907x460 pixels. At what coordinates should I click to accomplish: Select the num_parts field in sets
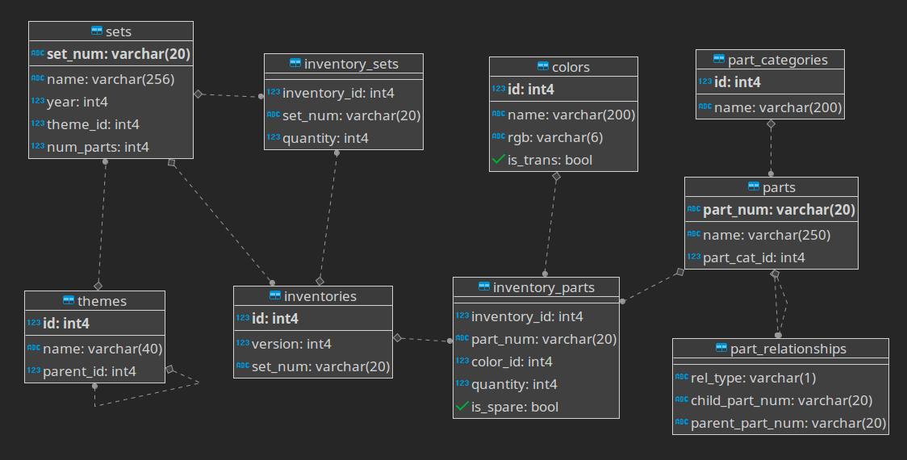[98, 147]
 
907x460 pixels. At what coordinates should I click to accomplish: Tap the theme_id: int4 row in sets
[93, 124]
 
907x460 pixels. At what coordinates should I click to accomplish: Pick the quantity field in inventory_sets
[325, 138]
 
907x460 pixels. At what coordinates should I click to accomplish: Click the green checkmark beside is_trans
[498, 160]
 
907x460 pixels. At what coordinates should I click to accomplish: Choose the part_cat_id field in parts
[754, 257]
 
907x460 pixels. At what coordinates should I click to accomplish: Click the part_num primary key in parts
[779, 210]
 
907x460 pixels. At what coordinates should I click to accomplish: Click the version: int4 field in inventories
[291, 344]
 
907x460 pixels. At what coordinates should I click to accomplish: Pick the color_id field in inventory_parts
[512, 362]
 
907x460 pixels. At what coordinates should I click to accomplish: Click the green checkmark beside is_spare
[462, 407]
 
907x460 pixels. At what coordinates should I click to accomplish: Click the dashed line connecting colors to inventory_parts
[551, 226]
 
